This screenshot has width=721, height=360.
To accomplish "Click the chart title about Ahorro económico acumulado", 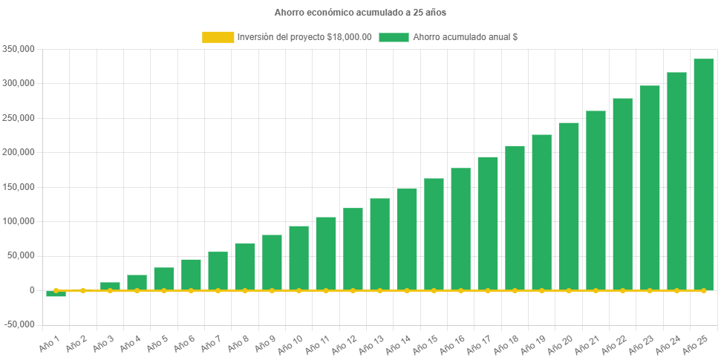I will (360, 13).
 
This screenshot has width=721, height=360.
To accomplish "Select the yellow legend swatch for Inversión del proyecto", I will (217, 37).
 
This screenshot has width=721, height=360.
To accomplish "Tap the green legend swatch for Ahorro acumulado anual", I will (394, 37).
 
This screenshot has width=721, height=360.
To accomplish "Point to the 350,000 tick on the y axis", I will (20, 49).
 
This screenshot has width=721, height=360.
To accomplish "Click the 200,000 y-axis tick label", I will (20, 152).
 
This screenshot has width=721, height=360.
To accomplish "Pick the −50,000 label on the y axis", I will (19, 324).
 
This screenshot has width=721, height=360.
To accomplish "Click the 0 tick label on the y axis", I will (31, 290).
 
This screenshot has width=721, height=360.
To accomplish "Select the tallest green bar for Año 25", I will (703, 174).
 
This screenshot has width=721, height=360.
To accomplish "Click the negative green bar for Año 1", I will (56, 294).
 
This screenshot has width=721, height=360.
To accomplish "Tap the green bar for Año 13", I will (379, 244).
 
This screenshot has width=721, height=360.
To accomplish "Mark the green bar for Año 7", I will (218, 271).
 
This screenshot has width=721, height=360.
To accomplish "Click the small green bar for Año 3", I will (110, 286).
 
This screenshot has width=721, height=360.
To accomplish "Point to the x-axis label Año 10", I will (290, 343).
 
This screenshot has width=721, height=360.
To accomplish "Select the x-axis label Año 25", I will (694, 343).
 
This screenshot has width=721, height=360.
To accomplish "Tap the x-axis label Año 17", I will (479, 343).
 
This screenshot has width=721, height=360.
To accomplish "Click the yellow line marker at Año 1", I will (56, 290).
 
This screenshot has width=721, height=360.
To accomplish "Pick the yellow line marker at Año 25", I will (703, 290).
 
